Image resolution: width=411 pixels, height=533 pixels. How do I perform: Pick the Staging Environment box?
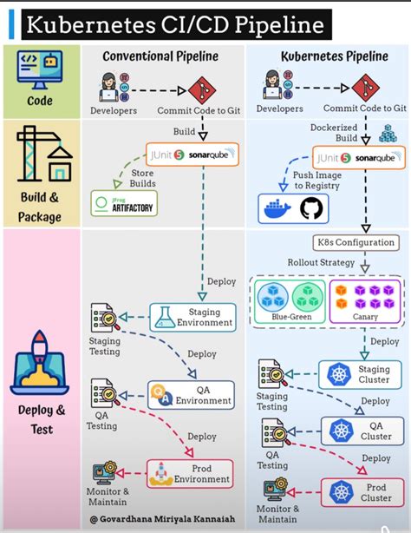click(192, 318)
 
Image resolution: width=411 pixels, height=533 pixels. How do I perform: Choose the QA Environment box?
click(191, 395)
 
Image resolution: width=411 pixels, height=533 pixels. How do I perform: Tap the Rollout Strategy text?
click(321, 262)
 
